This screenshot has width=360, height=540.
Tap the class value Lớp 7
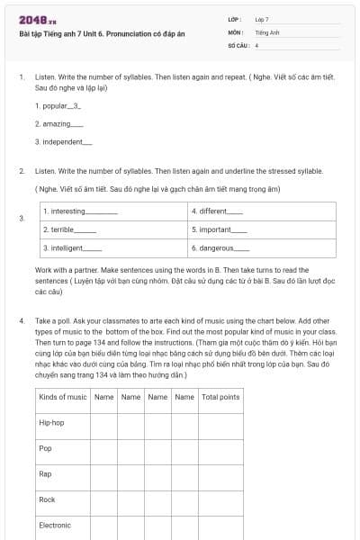pyautogui.click(x=262, y=19)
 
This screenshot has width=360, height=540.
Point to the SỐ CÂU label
pyautogui.click(x=237, y=44)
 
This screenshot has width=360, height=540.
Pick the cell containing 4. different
pyautogui.click(x=262, y=211)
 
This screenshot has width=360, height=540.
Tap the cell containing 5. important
pyautogui.click(x=262, y=229)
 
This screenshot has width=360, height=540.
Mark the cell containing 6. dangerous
pyautogui.click(x=262, y=247)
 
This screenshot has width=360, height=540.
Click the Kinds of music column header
pyautogui.click(x=63, y=396)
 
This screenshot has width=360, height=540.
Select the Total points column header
pyautogui.click(x=221, y=396)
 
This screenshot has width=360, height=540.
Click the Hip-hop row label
pyautogui.click(x=52, y=422)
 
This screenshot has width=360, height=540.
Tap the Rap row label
pyautogui.click(x=45, y=473)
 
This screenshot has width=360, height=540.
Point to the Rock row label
pyautogui.click(x=47, y=499)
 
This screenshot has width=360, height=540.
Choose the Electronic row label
pyautogui.click(x=55, y=525)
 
